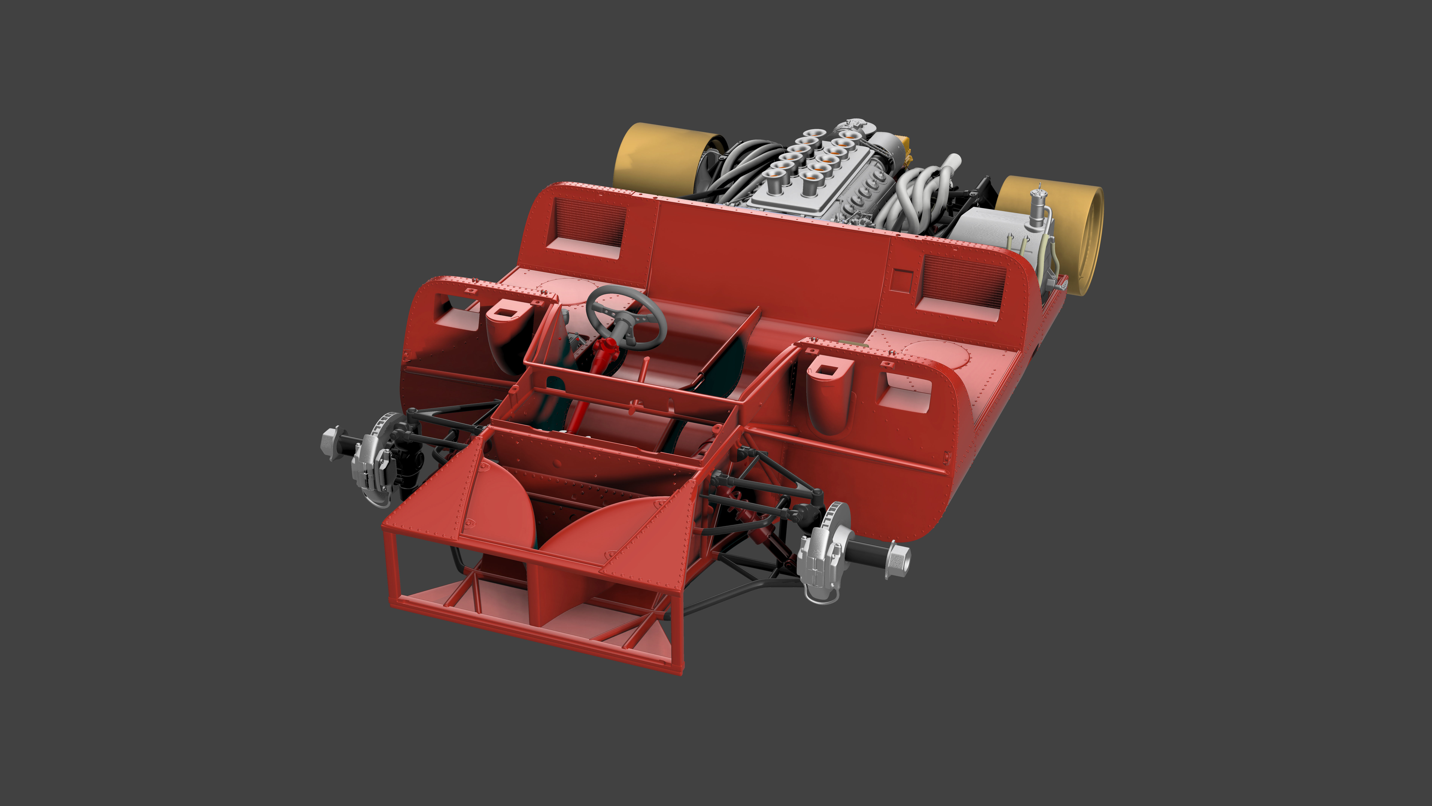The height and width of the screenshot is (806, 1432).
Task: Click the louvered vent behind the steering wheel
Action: (x=589, y=223)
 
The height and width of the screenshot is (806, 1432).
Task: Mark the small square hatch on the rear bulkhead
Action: (x=901, y=279)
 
